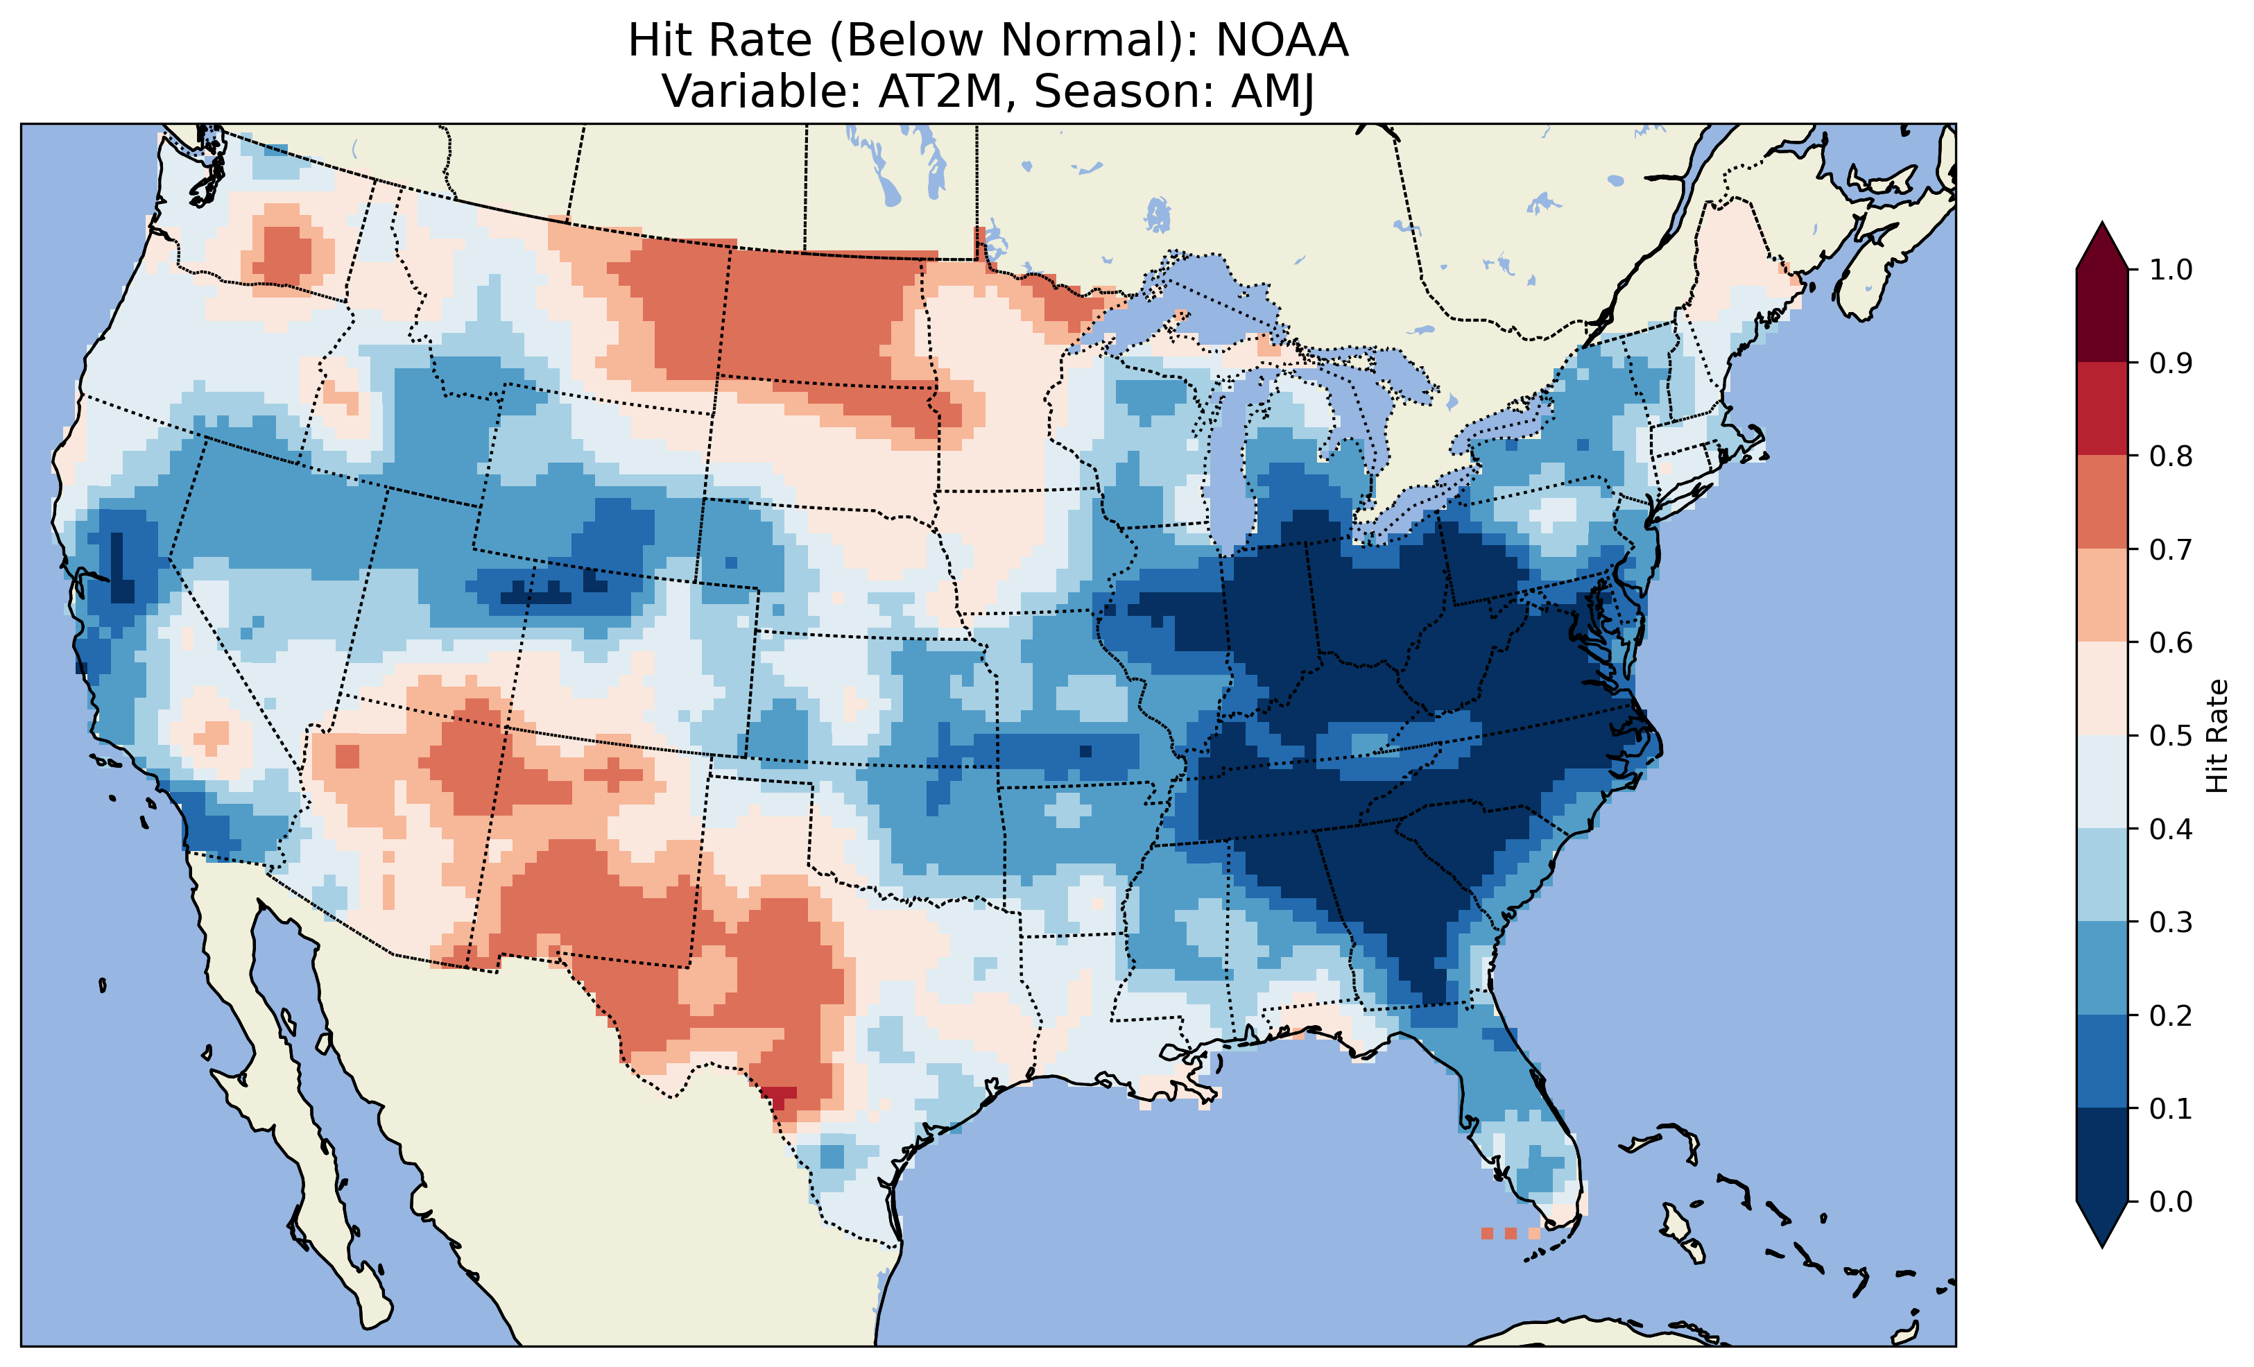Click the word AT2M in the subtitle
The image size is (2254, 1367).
[x=940, y=92]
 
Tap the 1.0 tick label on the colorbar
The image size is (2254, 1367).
[x=2171, y=270]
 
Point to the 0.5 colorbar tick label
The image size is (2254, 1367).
[x=2171, y=736]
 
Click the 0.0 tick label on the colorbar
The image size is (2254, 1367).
[x=2171, y=1201]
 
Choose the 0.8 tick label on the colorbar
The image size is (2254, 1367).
[x=2171, y=456]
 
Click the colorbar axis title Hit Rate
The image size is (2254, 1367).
[x=2217, y=736]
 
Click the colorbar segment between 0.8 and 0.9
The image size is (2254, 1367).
[x=2102, y=409]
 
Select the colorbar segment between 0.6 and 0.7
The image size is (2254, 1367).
[x=2102, y=595]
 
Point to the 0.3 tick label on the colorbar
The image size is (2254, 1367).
[x=2171, y=922]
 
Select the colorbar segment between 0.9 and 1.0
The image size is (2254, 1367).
[x=2102, y=316]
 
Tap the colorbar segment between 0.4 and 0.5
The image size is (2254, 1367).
[x=2102, y=782]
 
